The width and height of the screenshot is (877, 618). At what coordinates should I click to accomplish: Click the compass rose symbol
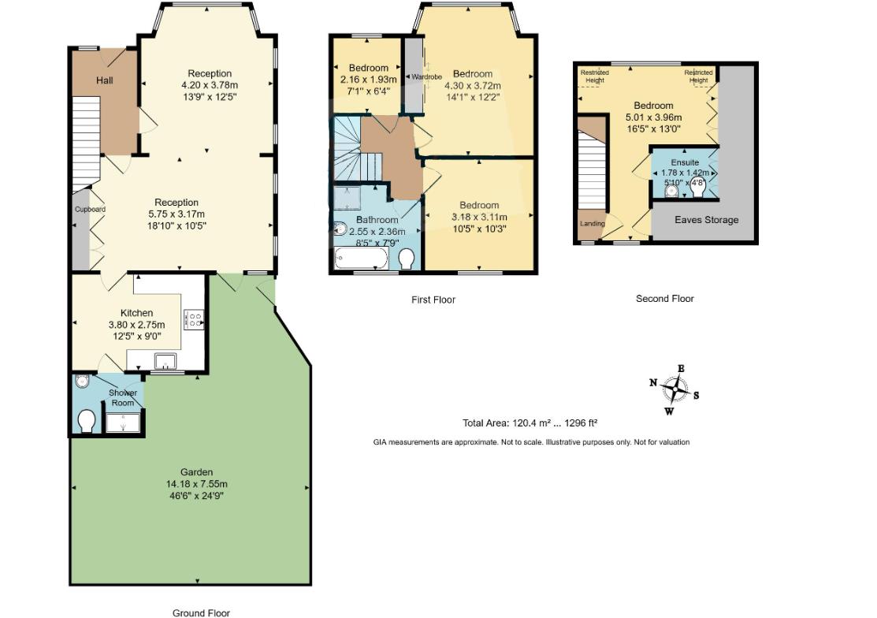click(x=674, y=388)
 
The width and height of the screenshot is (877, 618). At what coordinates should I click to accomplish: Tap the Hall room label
click(x=106, y=80)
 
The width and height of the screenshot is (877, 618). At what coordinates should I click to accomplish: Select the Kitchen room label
click(x=136, y=313)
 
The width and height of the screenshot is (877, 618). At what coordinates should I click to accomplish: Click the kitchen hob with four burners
click(x=193, y=318)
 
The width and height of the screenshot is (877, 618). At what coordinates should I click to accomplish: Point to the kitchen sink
click(x=165, y=362)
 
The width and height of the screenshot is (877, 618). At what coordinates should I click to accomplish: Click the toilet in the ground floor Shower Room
click(x=87, y=421)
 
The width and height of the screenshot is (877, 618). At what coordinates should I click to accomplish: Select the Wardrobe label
click(x=426, y=77)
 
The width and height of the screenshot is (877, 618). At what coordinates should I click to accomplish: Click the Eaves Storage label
click(x=707, y=220)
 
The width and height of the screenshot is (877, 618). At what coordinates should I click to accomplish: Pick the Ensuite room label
click(x=684, y=162)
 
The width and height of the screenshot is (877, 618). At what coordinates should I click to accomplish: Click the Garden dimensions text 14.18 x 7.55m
click(x=195, y=484)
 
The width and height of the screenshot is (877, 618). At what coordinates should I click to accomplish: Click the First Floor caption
click(x=433, y=300)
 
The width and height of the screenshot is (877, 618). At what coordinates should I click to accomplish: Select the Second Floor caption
click(x=664, y=299)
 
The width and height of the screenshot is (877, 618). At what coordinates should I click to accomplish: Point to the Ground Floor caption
click(x=201, y=612)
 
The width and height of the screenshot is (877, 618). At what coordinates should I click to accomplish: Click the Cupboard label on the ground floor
click(x=90, y=210)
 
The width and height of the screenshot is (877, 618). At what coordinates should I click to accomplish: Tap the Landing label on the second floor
click(x=593, y=224)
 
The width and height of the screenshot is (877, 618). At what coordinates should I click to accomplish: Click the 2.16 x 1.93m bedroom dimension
click(x=369, y=80)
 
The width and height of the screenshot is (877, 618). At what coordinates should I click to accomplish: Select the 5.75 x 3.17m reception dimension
click(x=177, y=214)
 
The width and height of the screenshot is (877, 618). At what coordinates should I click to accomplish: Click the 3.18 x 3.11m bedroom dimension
click(x=479, y=218)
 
